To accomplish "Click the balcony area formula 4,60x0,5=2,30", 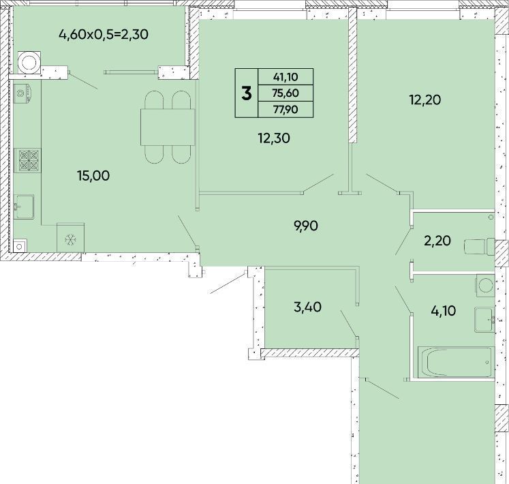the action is point(104,34).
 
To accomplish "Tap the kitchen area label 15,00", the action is point(93,176).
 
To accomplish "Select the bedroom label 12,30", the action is point(274,138).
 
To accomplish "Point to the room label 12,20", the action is point(425,100).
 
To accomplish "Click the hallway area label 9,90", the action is point(306,226).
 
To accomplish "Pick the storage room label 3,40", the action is point(307,307).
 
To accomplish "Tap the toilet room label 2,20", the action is point(437,241).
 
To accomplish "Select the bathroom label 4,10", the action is point(444,311).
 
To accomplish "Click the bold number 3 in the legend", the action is point(247,93).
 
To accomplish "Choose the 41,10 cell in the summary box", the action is point(286,77).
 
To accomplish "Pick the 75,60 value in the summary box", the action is point(286,93).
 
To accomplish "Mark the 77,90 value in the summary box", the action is point(286,110).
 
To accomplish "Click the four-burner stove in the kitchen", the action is point(28,160).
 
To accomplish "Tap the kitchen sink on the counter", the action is point(24,207).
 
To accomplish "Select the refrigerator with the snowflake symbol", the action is point(70,237).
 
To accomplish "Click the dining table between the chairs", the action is point(168,127).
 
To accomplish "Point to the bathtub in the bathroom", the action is point(456,362).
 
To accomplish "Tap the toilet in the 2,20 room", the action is point(480,247).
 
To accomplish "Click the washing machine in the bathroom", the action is point(485,286).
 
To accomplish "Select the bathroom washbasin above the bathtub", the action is point(484,320).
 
